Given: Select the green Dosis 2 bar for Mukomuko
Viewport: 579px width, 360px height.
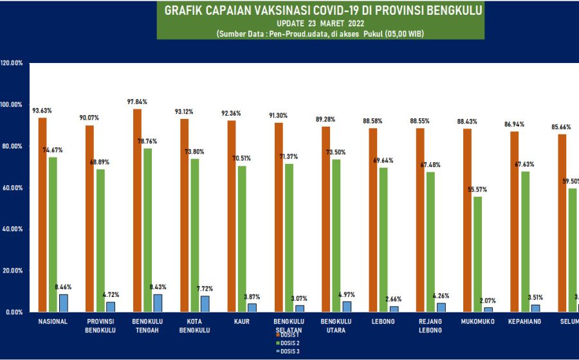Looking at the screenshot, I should tap(477, 254).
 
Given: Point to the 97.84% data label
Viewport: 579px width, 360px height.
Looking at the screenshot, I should tap(136, 102).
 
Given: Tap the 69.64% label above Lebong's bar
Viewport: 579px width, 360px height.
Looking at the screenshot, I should tap(384, 160).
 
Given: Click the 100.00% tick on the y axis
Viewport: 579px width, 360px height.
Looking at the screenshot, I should tap(13, 105).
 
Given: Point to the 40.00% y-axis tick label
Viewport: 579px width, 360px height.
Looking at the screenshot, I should tap(13, 229).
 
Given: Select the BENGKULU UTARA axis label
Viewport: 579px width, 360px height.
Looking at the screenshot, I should tap(336, 325).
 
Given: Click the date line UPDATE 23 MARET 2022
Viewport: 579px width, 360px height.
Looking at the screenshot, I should tap(320, 23).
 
